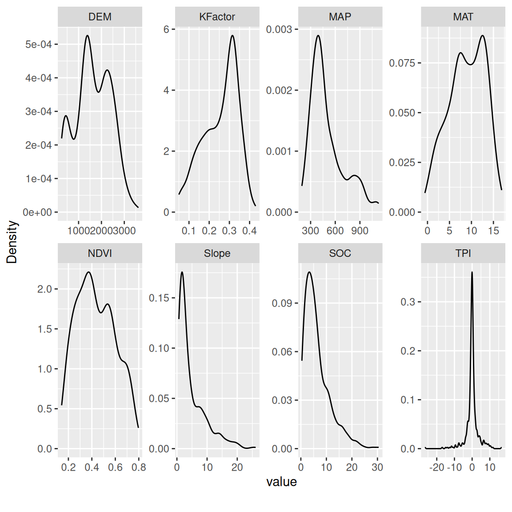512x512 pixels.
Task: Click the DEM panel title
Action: (x=100, y=17)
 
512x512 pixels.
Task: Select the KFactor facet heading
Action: (x=217, y=17)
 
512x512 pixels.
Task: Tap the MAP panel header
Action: (x=340, y=17)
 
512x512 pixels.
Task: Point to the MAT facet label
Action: (x=463, y=17)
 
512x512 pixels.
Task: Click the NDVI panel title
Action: (x=100, y=253)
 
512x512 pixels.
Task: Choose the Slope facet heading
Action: (x=217, y=253)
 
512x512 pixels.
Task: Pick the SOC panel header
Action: (x=340, y=253)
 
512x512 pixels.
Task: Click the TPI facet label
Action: (x=463, y=253)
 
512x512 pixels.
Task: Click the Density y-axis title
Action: (x=12, y=242)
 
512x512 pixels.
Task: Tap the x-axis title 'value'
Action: (x=281, y=482)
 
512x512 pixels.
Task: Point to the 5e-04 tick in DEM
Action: (x=39, y=44)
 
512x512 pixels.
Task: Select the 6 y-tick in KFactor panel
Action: (x=166, y=29)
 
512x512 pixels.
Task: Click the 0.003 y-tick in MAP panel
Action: (x=279, y=29)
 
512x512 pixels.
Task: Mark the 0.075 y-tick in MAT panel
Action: (x=402, y=63)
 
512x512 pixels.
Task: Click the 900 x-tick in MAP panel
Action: (x=360, y=231)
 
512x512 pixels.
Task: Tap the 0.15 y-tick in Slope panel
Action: (x=159, y=298)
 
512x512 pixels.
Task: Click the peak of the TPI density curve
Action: (x=472, y=272)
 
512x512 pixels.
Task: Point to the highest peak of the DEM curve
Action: (x=87, y=36)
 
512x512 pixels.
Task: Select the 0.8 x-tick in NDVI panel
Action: (x=139, y=467)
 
